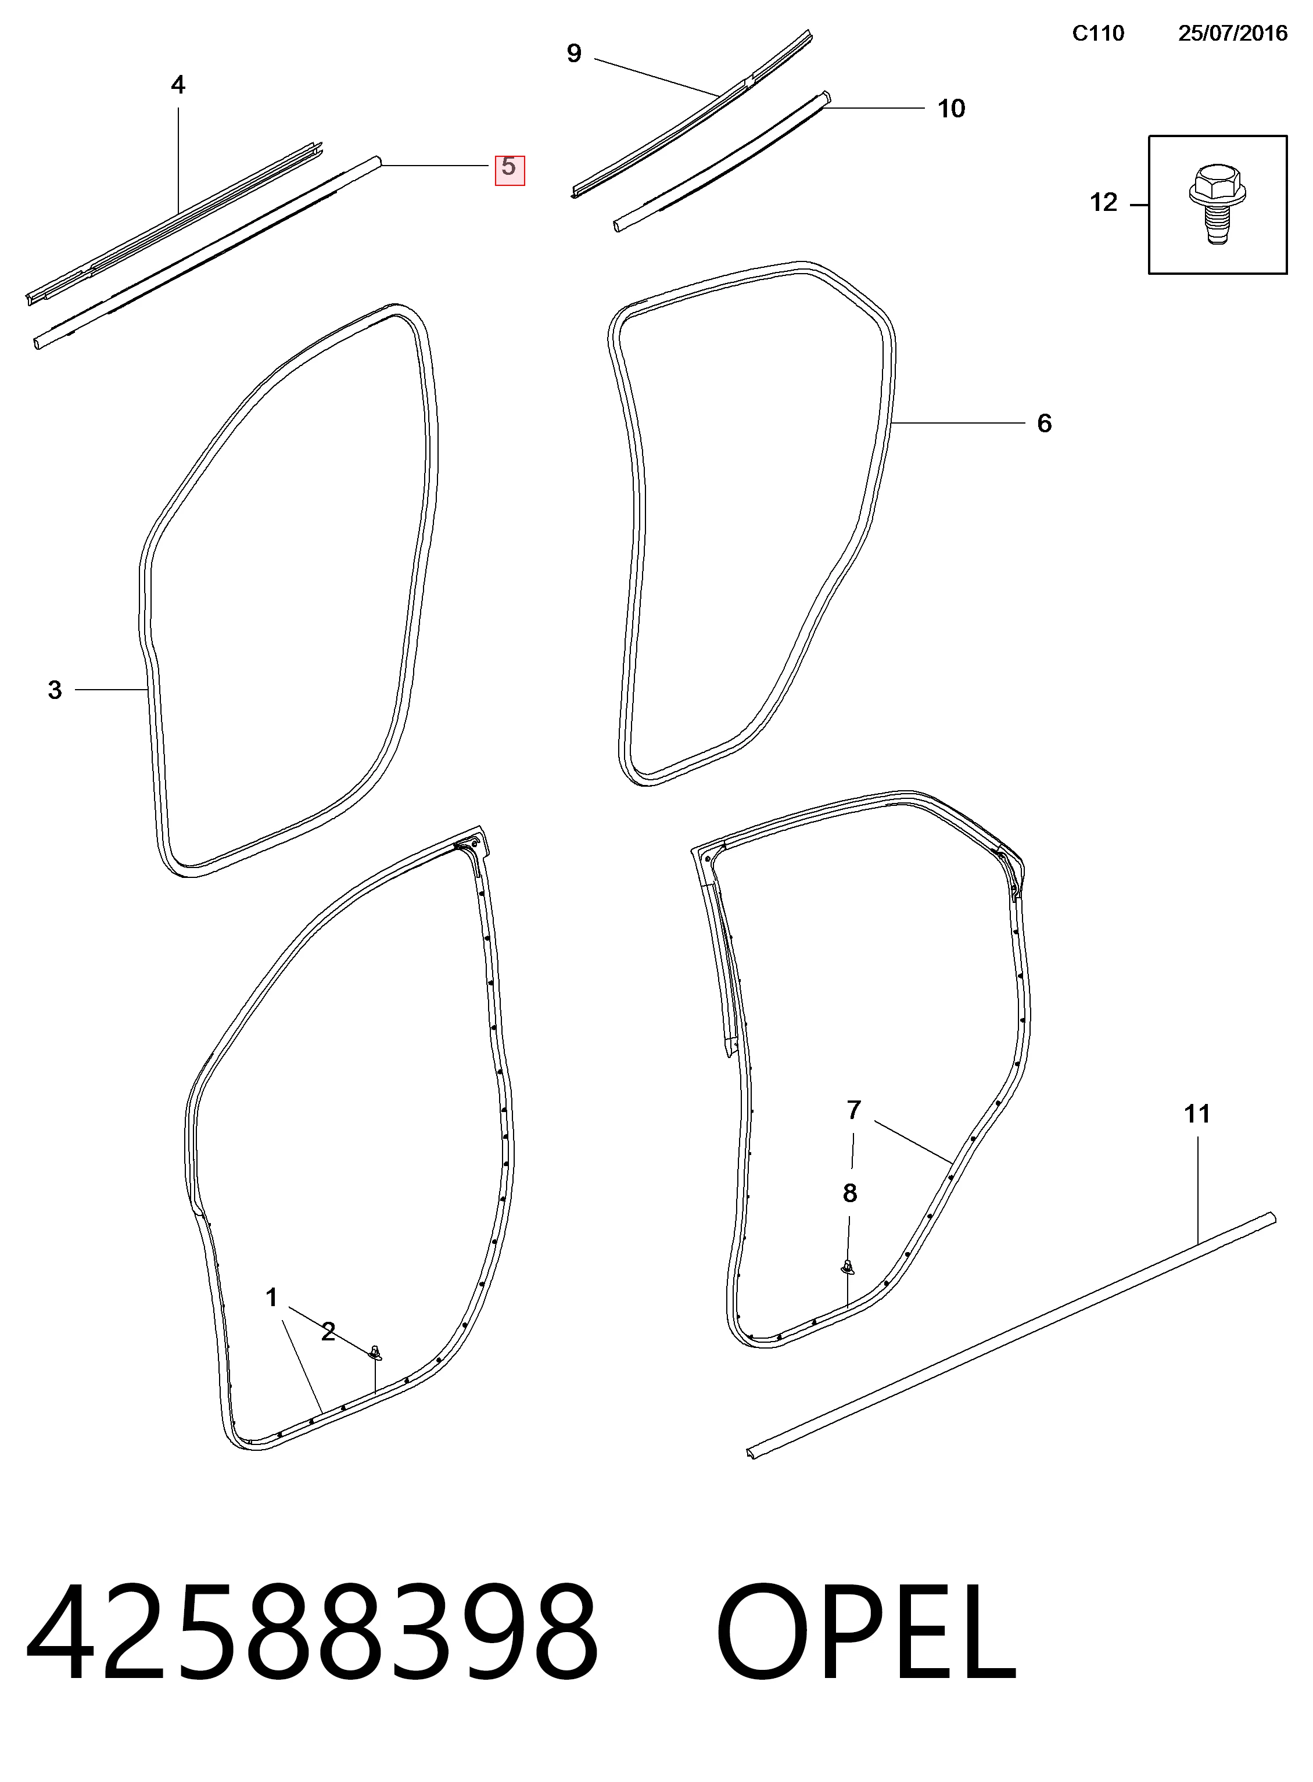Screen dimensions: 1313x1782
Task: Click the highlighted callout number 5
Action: pyautogui.click(x=510, y=168)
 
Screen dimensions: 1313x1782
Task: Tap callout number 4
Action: pyautogui.click(x=178, y=85)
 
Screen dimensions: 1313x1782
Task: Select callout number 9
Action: pyautogui.click(x=574, y=53)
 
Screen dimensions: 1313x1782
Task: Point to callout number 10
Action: pyautogui.click(x=952, y=108)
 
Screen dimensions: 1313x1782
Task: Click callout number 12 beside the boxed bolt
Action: pyautogui.click(x=1103, y=203)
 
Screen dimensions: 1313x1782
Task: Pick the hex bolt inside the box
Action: pyautogui.click(x=1217, y=205)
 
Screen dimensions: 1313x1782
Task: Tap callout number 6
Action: pyautogui.click(x=1045, y=424)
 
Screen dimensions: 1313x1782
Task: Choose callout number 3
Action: pyautogui.click(x=54, y=690)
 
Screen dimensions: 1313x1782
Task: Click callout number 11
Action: pyautogui.click(x=1197, y=1114)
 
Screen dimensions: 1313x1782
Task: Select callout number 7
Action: pyautogui.click(x=853, y=1110)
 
